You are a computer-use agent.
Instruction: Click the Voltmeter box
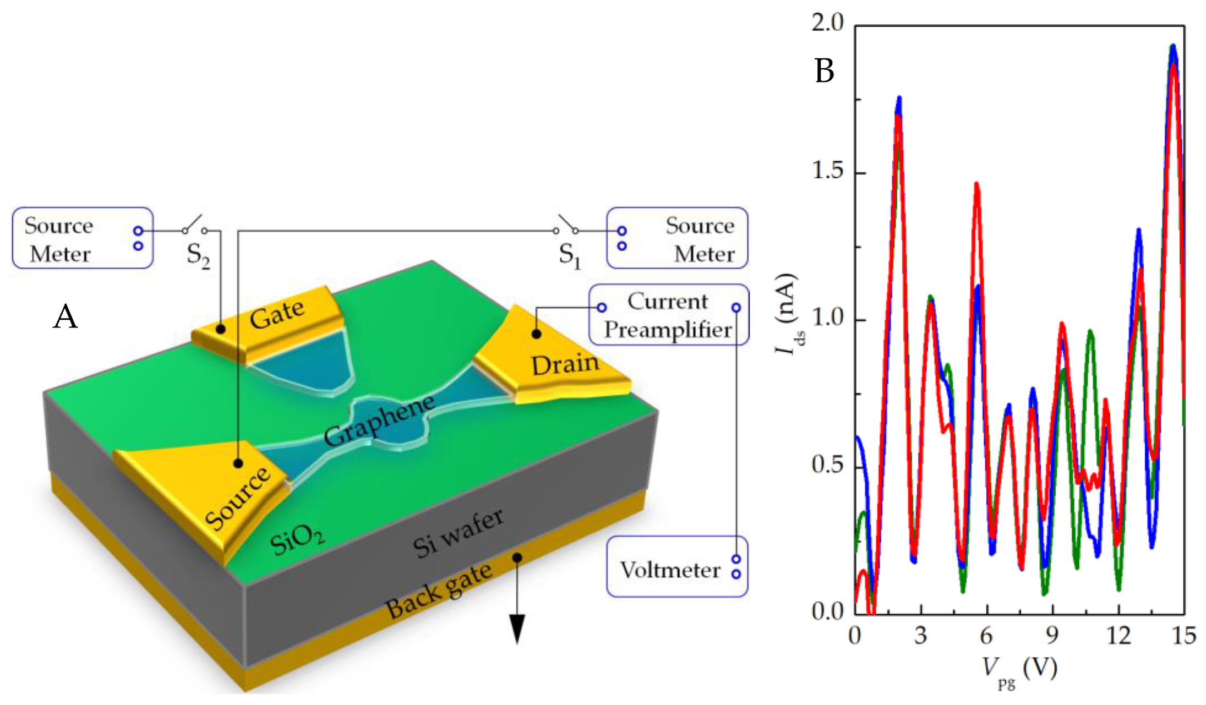[x=676, y=567]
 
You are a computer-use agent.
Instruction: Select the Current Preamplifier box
[x=668, y=315]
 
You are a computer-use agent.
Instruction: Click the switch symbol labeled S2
[x=194, y=225]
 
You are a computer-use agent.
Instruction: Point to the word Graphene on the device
[x=379, y=421]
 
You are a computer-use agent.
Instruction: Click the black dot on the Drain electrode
[x=536, y=334]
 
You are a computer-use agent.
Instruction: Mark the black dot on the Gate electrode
[x=220, y=329]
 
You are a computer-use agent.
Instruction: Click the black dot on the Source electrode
[x=238, y=463]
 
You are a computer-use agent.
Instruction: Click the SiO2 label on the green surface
[x=297, y=540]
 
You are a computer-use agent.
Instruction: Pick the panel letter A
[x=65, y=318]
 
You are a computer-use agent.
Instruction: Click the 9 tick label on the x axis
[x=1052, y=636]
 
